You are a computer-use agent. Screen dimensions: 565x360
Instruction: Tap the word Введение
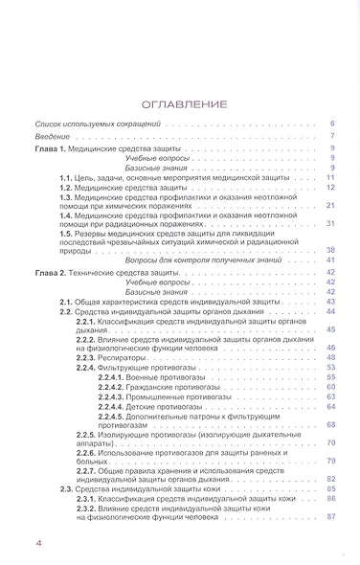[x=51, y=137]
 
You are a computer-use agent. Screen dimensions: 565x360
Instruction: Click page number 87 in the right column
[x=329, y=518]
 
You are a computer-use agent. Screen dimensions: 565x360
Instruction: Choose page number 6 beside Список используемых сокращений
[x=331, y=124]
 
